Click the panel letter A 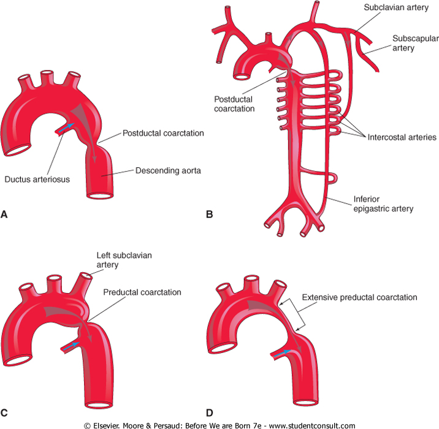coord(5,214)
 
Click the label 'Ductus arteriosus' coord(36,180)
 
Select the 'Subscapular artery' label coord(413,42)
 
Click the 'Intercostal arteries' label coord(402,137)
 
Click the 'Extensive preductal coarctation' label coord(359,297)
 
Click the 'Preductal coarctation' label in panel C coord(142,292)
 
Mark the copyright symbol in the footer coord(88,425)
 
